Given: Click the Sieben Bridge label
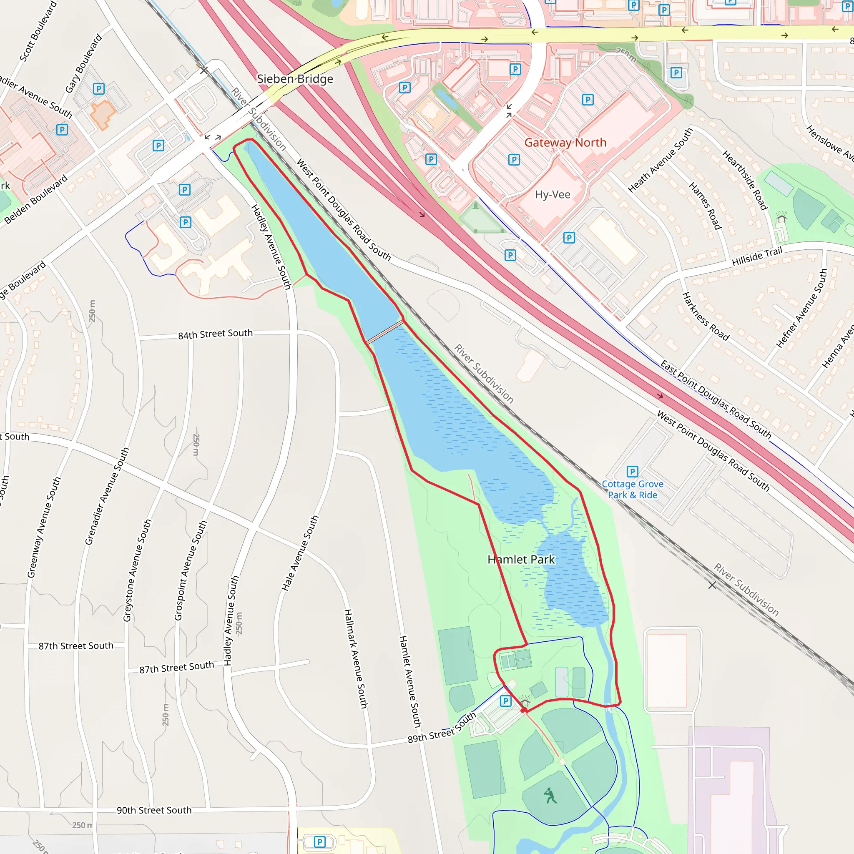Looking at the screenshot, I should point(295,79).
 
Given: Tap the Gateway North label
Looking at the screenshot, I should point(565,143).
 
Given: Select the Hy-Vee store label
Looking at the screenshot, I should point(553,194).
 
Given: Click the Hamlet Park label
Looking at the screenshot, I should point(521,560).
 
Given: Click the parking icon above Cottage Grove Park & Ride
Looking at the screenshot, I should point(632,472).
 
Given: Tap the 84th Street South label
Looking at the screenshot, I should point(215,334).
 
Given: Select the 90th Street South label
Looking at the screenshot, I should point(154,810).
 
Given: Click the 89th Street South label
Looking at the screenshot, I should point(442,728).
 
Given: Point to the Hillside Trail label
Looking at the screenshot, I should point(757,256).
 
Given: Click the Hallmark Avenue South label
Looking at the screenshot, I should point(356,658).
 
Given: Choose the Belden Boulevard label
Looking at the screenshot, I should point(36,199).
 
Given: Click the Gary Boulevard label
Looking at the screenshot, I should point(83,64).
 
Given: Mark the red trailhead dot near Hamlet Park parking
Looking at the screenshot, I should point(523,710).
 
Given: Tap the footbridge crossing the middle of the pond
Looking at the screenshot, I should point(384,332).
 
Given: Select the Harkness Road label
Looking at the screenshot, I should point(706,316).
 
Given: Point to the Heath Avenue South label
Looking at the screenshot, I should point(660,161).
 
